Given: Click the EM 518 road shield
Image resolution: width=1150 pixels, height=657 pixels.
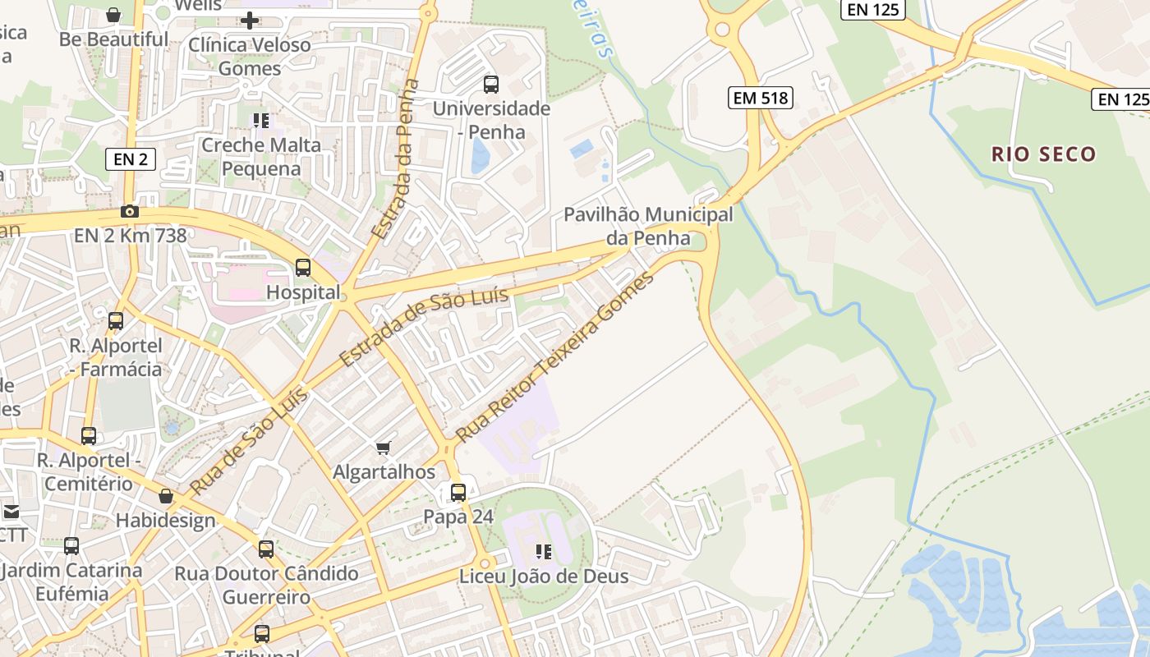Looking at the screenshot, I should pyautogui.click(x=760, y=99).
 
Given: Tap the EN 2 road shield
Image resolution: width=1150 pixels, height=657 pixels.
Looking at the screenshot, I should pyautogui.click(x=131, y=159).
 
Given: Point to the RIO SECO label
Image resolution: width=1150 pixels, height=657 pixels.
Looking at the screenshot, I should pyautogui.click(x=1043, y=154).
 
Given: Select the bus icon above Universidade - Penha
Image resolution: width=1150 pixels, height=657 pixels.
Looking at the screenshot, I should pyautogui.click(x=491, y=84).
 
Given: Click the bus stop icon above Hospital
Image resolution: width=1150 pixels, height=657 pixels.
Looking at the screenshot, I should pyautogui.click(x=303, y=267).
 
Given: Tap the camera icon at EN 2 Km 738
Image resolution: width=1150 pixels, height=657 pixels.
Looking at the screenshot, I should pyautogui.click(x=129, y=211).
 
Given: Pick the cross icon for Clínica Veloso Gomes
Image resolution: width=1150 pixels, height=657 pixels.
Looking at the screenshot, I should pyautogui.click(x=250, y=20).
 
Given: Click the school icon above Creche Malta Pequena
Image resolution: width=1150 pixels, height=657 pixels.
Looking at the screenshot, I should pyautogui.click(x=261, y=122).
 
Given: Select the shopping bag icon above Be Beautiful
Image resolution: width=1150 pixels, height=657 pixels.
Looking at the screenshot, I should pyautogui.click(x=113, y=15).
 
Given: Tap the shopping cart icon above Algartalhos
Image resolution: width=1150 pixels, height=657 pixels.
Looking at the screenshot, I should pyautogui.click(x=383, y=448).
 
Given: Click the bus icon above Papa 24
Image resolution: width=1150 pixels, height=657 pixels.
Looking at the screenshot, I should pyautogui.click(x=458, y=492).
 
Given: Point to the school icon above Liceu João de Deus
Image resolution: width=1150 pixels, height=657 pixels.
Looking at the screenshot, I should pyautogui.click(x=543, y=551).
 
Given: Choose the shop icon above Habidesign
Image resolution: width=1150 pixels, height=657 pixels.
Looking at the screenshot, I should pyautogui.click(x=166, y=496).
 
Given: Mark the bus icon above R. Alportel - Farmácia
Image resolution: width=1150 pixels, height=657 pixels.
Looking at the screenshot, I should pyautogui.click(x=116, y=321).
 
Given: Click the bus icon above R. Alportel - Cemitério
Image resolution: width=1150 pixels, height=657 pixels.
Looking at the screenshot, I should pyautogui.click(x=89, y=436).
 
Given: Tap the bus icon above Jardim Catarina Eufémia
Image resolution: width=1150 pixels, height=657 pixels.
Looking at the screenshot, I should pyautogui.click(x=71, y=545).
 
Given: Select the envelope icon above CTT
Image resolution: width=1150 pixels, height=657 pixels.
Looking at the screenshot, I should pyautogui.click(x=11, y=512).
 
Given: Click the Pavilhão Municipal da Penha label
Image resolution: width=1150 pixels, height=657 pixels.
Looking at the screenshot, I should pyautogui.click(x=648, y=227).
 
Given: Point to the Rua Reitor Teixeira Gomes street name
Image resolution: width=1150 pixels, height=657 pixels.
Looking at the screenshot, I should pyautogui.click(x=555, y=357).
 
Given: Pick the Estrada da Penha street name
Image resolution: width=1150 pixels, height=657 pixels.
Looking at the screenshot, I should pyautogui.click(x=396, y=159).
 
